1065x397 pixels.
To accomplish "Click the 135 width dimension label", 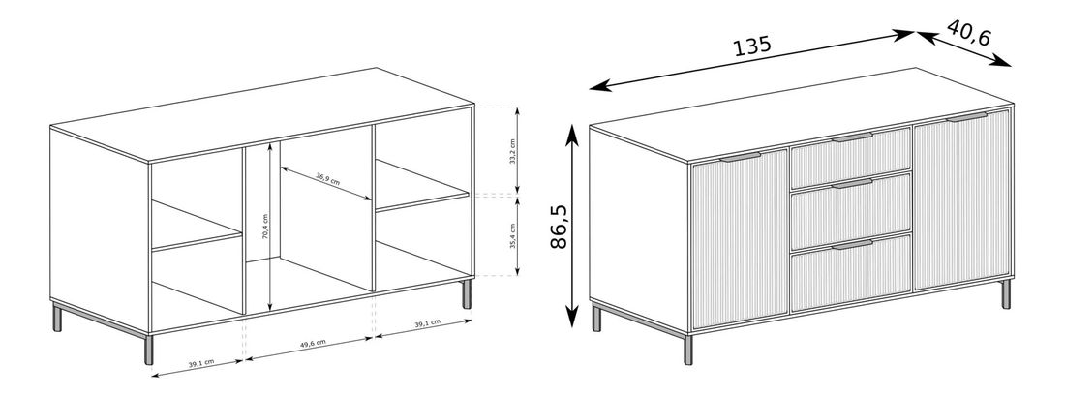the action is [x=752, y=46].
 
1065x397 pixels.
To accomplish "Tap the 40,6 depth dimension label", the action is [x=969, y=33].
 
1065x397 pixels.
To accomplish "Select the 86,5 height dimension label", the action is [x=559, y=226].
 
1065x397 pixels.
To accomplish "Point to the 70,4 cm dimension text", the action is [x=265, y=227].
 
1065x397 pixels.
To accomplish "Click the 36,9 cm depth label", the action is [x=327, y=180].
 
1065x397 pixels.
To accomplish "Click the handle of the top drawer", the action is [x=852, y=138].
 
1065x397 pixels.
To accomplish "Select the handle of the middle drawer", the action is [x=852, y=184].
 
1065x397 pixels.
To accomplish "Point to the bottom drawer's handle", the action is [x=852, y=244].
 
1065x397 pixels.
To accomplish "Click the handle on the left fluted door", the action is [x=741, y=158].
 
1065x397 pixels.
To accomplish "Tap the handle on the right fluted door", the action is [x=967, y=117].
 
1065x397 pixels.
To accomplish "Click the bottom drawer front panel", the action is [x=851, y=273].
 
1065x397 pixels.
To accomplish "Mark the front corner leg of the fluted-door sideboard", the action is [x=688, y=349].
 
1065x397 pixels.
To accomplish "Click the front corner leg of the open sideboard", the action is [x=149, y=349].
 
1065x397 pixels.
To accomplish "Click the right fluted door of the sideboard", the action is [x=961, y=200].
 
